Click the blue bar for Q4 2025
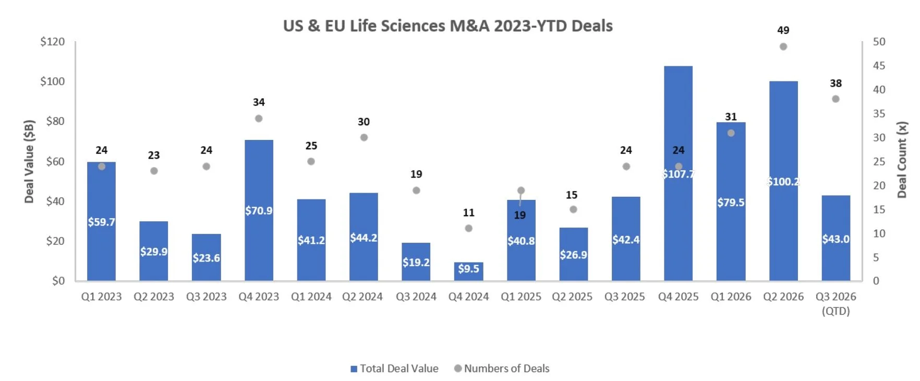tap(678, 173)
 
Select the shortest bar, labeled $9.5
tap(468, 271)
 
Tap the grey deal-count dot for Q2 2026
tap(783, 46)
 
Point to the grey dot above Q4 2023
tap(259, 118)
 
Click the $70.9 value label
tap(259, 211)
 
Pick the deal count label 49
tap(783, 30)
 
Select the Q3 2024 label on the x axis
tap(416, 297)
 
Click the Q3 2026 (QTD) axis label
tap(836, 304)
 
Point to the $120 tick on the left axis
tap(53, 42)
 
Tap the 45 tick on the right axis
tap(879, 66)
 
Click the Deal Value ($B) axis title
tap(29, 161)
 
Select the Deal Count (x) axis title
tap(902, 160)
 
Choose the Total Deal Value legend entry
tap(394, 368)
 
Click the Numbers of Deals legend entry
tap(502, 368)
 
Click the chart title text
tap(447, 26)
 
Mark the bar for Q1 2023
tap(101, 221)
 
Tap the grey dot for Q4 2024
tap(468, 228)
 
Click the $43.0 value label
tap(836, 239)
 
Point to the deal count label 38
tap(836, 84)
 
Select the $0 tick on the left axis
tap(58, 281)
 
